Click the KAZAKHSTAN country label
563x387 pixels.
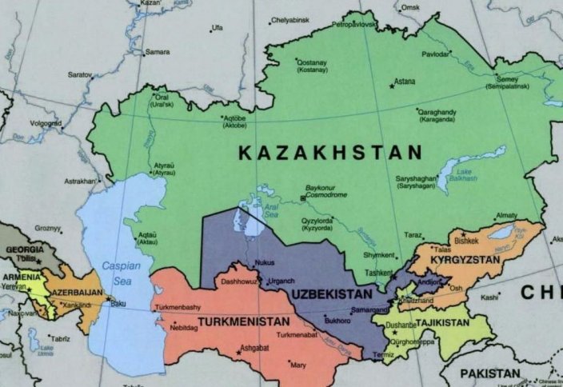(329, 152)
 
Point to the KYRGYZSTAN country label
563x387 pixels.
(465, 261)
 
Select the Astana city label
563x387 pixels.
(405, 82)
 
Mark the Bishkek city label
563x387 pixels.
(466, 240)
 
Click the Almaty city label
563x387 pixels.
(506, 215)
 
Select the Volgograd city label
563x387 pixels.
(46, 123)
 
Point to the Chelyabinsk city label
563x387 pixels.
(290, 19)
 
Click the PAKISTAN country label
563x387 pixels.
(489, 373)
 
